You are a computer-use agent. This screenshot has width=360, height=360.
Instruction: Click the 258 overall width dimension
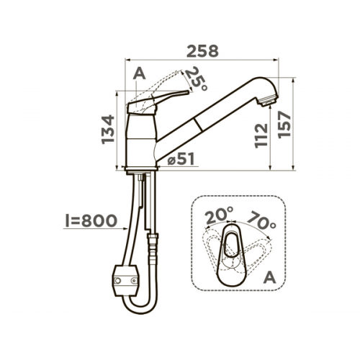pos(203,51)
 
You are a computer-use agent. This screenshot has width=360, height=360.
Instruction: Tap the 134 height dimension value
pos(108,130)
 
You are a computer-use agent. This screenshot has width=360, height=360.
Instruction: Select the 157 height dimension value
pos(284,125)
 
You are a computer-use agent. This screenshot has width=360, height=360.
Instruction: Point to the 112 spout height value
pos(261,135)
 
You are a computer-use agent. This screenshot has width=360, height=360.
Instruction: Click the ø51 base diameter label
pos(181,159)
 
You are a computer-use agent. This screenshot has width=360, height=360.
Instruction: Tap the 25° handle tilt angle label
pos(196,79)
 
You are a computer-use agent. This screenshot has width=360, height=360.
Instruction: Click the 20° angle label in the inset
pos(220,215)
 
